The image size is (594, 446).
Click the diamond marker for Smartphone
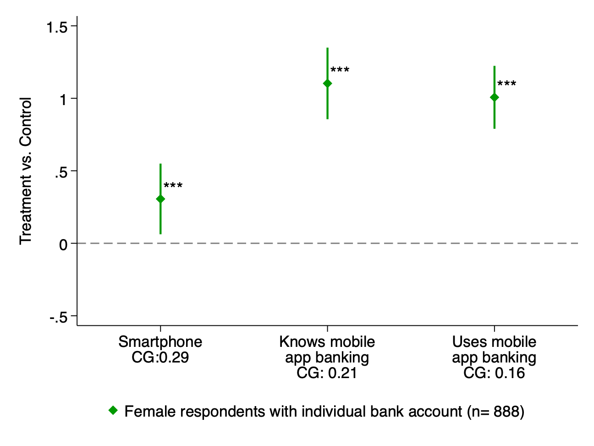[x=160, y=199]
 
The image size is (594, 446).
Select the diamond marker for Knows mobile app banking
[x=327, y=83]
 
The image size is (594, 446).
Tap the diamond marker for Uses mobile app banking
[x=494, y=97]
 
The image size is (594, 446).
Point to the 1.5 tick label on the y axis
[x=57, y=27]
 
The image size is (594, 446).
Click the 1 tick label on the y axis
[x=63, y=99]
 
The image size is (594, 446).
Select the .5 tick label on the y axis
[x=60, y=172]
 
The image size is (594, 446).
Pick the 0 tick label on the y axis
[x=63, y=244]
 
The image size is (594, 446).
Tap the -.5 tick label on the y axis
[x=58, y=317]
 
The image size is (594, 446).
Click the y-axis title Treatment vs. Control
[x=26, y=171]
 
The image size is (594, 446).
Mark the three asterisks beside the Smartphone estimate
[x=173, y=186]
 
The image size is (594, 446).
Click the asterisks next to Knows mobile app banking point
[x=340, y=70]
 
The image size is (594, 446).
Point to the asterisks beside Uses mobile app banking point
[x=507, y=84]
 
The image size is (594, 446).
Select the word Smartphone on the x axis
[x=160, y=342]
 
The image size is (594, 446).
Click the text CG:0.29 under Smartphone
[x=160, y=357]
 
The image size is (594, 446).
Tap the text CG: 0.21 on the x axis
[x=327, y=373]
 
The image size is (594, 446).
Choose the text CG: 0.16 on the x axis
[x=494, y=373]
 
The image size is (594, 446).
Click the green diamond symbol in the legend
[x=113, y=411]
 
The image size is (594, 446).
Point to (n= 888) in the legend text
[x=496, y=412]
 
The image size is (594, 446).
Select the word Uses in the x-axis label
[x=467, y=342]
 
